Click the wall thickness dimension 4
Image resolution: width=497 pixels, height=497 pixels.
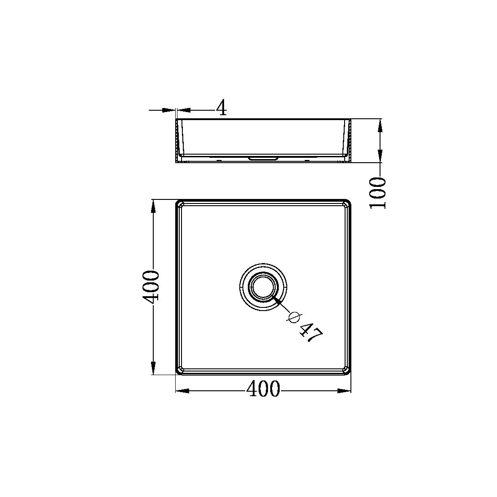click(x=221, y=108)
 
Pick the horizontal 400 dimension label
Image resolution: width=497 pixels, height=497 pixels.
click(x=263, y=389)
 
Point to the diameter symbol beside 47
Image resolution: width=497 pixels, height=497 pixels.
click(x=294, y=317)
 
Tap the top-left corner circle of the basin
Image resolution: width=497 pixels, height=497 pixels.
click(x=181, y=205)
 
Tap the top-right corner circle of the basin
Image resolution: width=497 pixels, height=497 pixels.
click(x=346, y=205)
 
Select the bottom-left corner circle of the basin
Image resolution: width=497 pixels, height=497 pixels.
click(x=181, y=370)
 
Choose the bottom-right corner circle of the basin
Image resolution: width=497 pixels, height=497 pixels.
click(x=346, y=370)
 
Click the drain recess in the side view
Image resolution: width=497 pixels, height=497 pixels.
click(x=264, y=158)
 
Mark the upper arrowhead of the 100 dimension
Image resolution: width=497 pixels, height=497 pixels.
click(x=380, y=125)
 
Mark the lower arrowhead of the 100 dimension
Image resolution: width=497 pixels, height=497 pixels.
click(x=380, y=156)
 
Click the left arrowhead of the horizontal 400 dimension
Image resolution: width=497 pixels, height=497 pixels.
click(x=182, y=391)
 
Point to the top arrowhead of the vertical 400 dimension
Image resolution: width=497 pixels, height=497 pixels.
click(x=153, y=207)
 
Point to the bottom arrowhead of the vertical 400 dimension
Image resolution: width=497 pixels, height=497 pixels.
click(x=153, y=368)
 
